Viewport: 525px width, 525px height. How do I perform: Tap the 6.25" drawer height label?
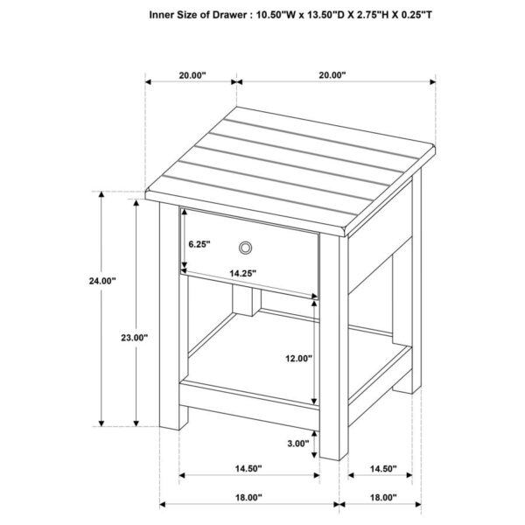199,245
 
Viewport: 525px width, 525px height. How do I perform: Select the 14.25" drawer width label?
242,274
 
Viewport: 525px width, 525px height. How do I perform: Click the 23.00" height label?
136,337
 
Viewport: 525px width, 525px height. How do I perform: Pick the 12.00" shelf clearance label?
298,357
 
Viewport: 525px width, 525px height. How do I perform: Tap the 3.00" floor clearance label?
297,443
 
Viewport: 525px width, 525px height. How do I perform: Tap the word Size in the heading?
199,14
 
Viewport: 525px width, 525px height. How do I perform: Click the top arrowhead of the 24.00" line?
101,194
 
